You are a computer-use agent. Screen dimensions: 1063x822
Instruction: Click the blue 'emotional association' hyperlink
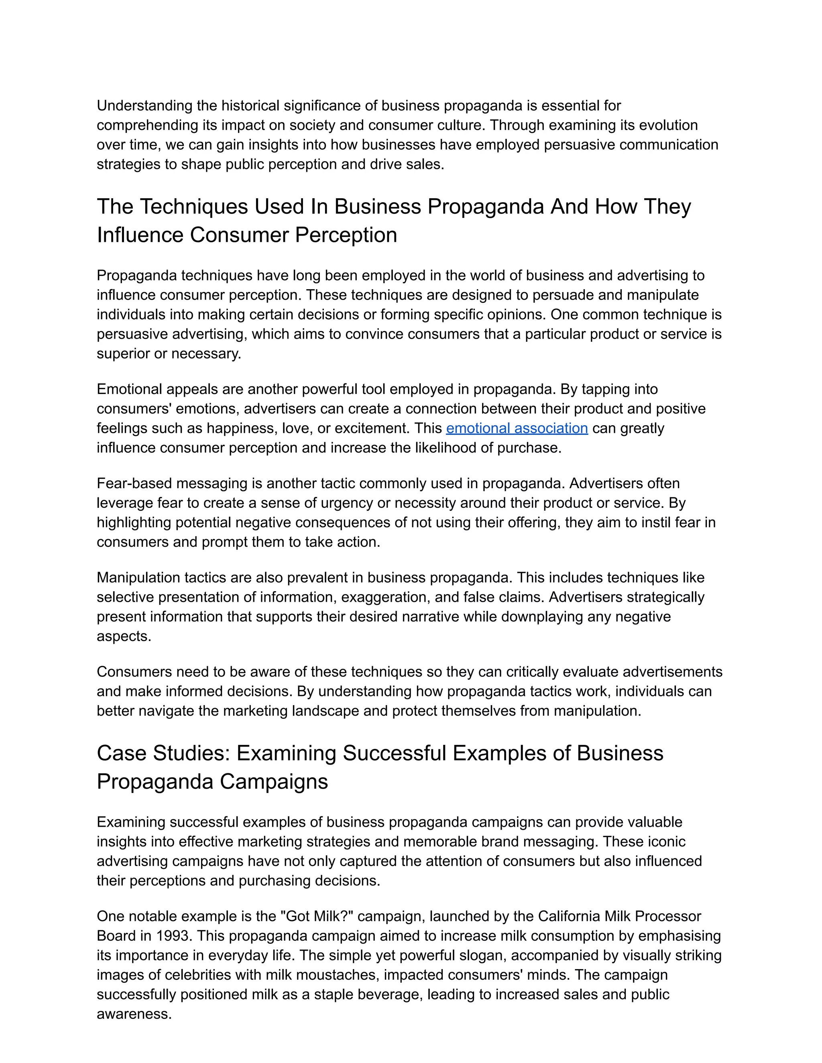pos(517,428)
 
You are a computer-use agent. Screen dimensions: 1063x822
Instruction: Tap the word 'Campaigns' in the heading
pos(274,782)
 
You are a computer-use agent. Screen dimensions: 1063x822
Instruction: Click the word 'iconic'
pos(669,842)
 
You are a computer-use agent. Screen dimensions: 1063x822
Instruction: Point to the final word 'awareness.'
pos(134,1014)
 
